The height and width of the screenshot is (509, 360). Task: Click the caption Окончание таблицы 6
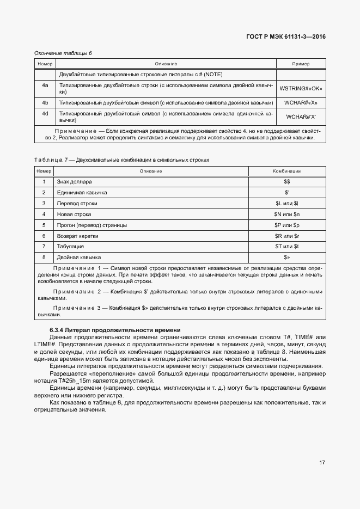point(63,53)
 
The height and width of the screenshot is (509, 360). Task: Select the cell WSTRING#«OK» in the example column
point(301,89)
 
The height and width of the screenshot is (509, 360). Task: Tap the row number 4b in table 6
point(45,102)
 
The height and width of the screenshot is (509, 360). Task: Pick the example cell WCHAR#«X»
point(301,102)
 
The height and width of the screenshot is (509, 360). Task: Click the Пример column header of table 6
point(301,64)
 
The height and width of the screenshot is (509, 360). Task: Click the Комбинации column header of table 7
point(287,171)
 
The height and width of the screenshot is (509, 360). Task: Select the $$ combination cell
point(287,181)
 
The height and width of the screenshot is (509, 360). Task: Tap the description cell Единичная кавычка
point(82,192)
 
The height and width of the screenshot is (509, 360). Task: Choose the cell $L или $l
point(287,203)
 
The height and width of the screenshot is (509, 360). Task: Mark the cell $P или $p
point(287,225)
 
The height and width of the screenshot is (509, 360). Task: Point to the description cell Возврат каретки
point(79,236)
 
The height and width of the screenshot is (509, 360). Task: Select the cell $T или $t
point(287,246)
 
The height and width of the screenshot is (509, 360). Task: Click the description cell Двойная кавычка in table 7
point(79,257)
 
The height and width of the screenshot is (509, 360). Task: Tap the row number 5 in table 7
point(44,225)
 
